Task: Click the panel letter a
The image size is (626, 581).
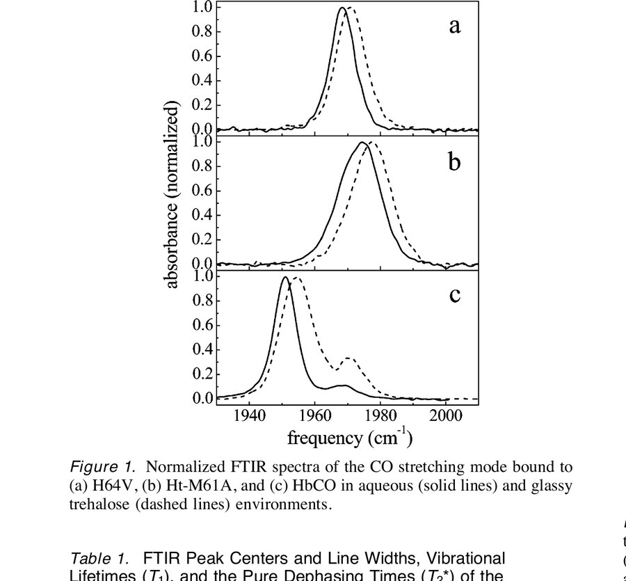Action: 454,27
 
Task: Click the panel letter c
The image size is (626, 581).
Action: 454,295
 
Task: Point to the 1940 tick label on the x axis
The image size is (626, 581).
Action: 249,415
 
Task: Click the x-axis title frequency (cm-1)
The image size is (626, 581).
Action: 350,438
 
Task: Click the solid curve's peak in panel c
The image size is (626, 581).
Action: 285,278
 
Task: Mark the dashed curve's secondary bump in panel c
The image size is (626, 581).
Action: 349,359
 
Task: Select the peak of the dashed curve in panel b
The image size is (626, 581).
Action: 371,143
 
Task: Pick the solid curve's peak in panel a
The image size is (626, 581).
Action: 342,8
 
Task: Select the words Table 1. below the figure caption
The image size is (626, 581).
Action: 98,558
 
